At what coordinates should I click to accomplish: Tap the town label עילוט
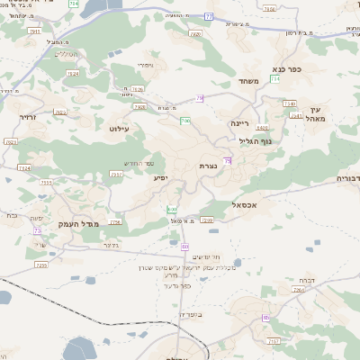[x=119, y=129]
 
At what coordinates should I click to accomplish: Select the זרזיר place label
[x=26, y=117]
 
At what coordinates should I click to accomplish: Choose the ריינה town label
[x=239, y=122]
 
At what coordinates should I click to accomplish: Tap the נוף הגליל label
[x=256, y=140]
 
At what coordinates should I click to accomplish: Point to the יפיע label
[x=161, y=178]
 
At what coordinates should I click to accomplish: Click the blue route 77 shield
[x=234, y=15]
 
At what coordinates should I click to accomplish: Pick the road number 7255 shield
[x=40, y=265]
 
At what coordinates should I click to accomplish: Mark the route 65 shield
[x=184, y=246]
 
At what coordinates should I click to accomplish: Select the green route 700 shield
[x=184, y=120]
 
